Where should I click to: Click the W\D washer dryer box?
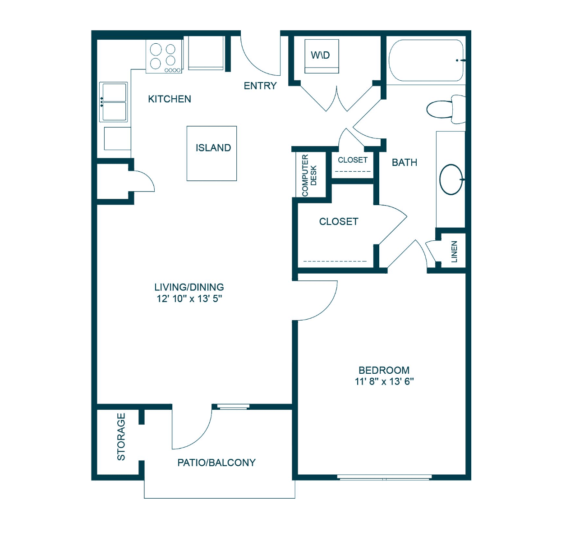click(x=322, y=56)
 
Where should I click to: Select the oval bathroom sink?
click(x=451, y=179)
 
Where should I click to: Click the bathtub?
click(x=426, y=60)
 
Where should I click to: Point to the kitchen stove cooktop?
click(x=164, y=56)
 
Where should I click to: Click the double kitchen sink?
click(x=114, y=102)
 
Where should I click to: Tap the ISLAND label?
click(x=213, y=148)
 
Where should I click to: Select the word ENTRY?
click(x=260, y=86)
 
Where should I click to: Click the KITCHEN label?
click(x=170, y=99)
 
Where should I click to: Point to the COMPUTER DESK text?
click(x=309, y=175)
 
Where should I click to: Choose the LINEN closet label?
click(x=454, y=252)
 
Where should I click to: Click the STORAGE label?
click(x=121, y=437)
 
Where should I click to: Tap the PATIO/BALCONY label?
click(x=216, y=463)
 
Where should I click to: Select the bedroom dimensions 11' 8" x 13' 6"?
click(x=384, y=381)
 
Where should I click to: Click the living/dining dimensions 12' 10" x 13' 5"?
click(x=189, y=298)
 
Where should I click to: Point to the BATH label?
click(x=404, y=163)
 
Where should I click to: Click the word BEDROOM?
click(x=384, y=370)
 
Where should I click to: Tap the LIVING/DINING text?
click(x=189, y=287)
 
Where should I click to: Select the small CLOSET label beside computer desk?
click(x=353, y=160)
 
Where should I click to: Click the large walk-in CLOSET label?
click(x=338, y=221)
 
